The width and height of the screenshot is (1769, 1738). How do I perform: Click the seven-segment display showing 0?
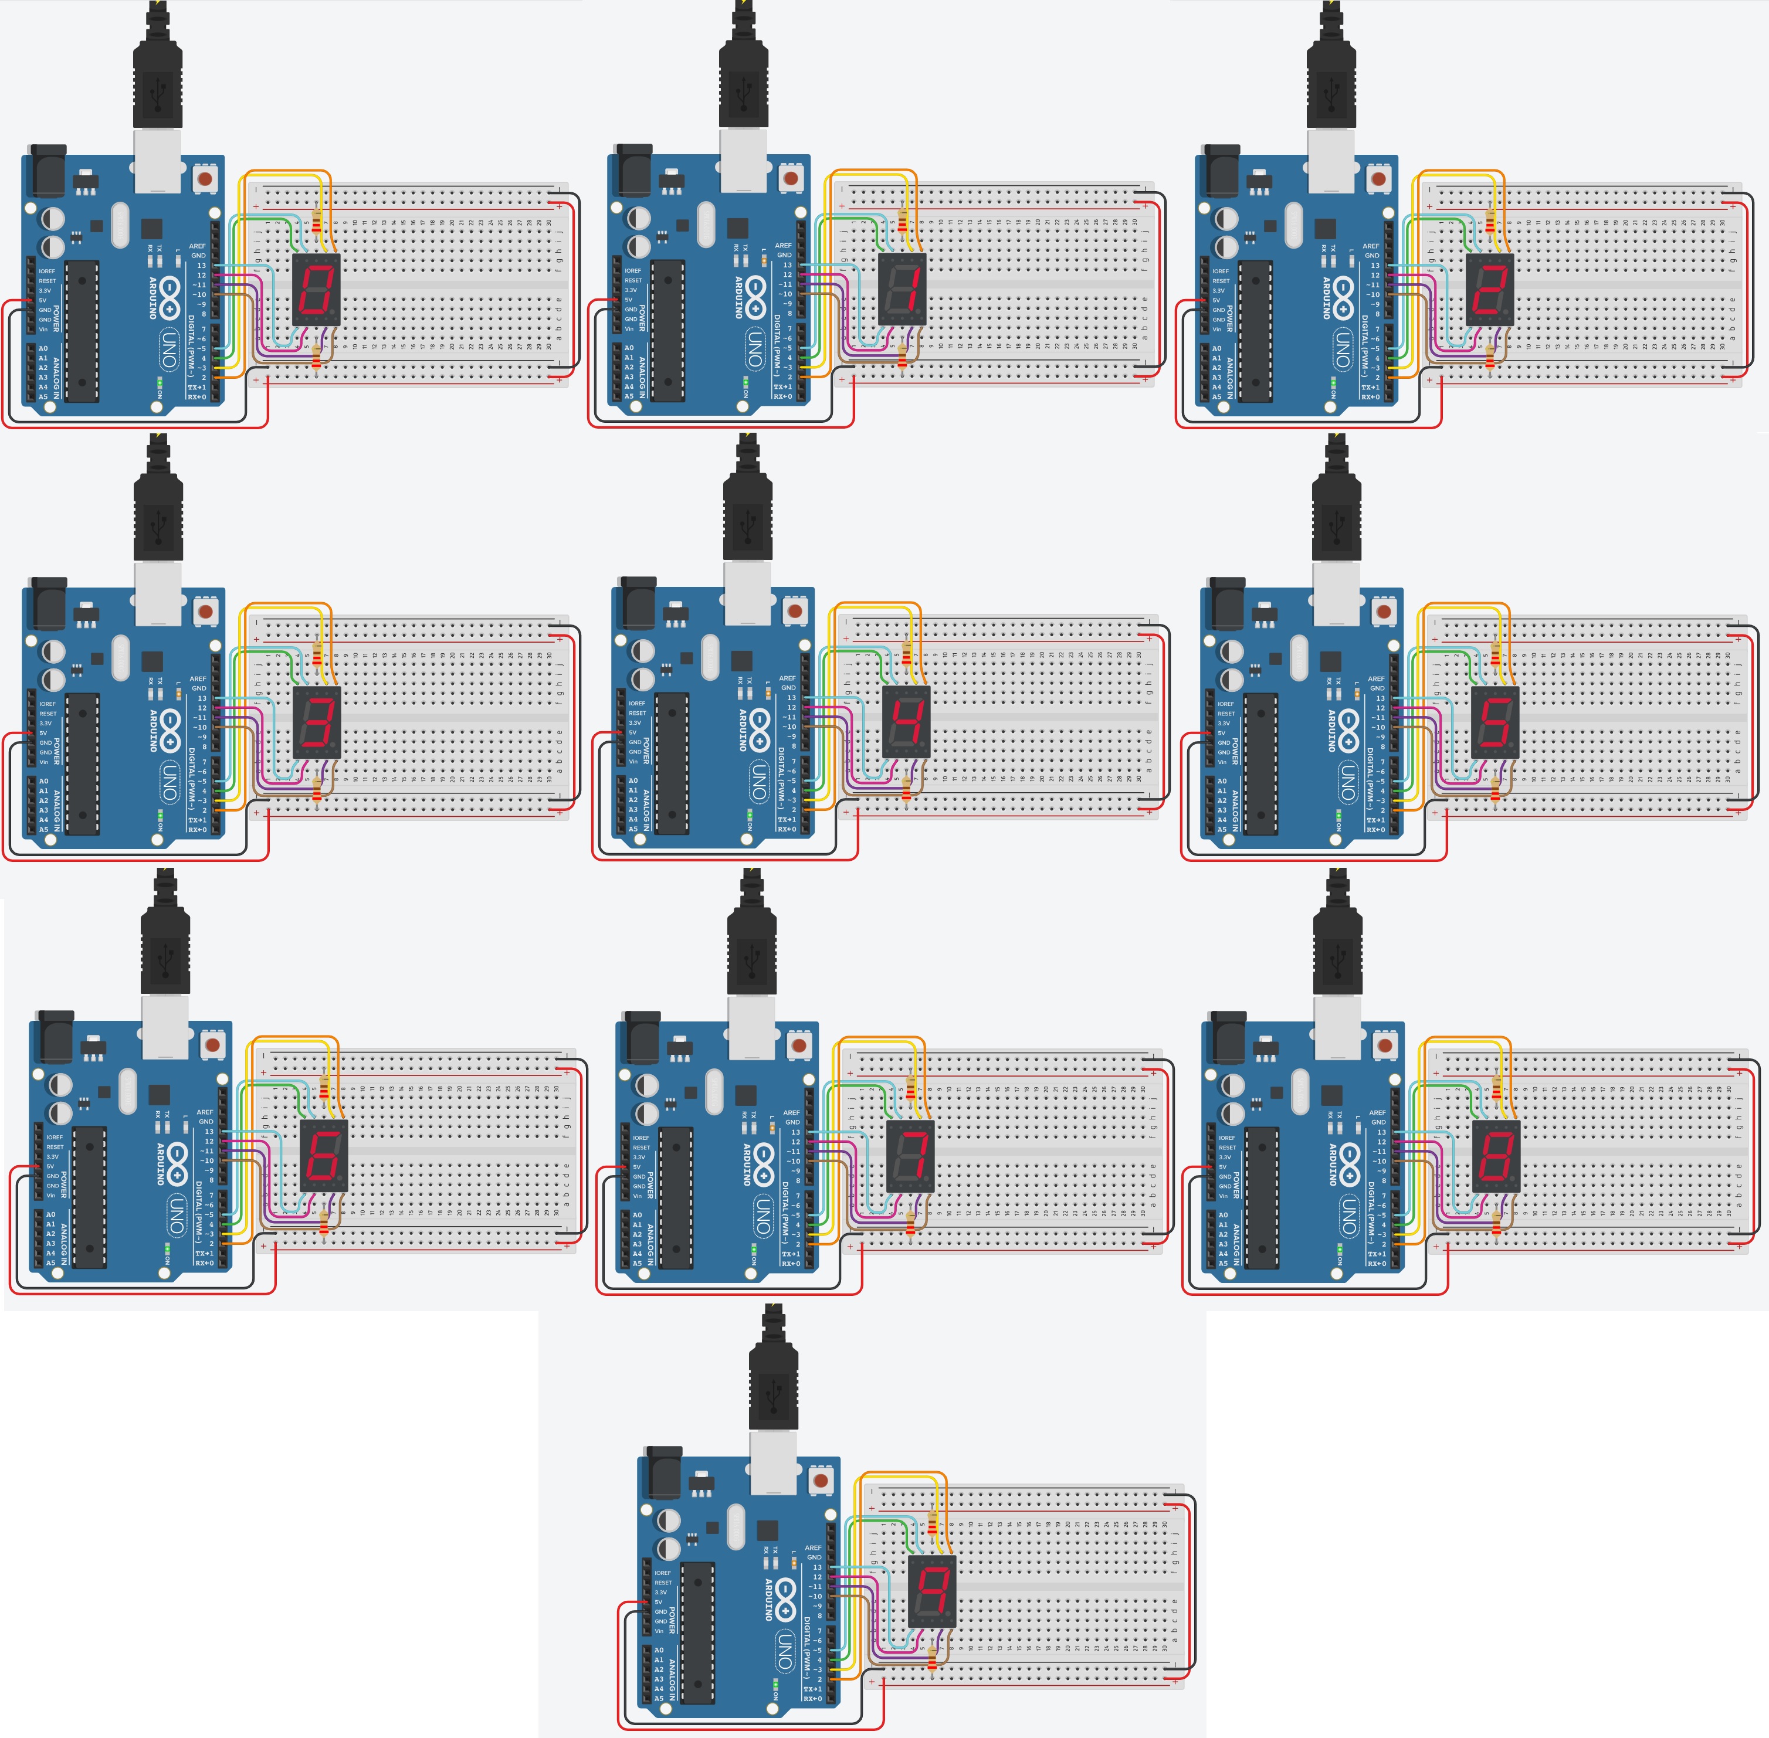[316, 289]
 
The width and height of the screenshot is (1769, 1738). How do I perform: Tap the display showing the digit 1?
[902, 289]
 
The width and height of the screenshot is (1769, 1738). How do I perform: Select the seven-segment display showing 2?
[1490, 289]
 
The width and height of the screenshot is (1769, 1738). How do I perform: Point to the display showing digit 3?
[316, 723]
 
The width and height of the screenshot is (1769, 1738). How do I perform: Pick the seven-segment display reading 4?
[906, 723]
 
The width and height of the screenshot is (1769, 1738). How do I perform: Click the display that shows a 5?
[1495, 723]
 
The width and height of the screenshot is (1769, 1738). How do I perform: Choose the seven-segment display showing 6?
[324, 1156]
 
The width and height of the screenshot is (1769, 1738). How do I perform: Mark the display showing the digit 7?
[910, 1156]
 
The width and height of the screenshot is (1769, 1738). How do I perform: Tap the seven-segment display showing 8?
[1496, 1156]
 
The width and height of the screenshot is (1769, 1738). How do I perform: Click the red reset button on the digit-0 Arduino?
[206, 178]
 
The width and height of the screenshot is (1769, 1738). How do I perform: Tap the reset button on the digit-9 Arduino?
[822, 1479]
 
